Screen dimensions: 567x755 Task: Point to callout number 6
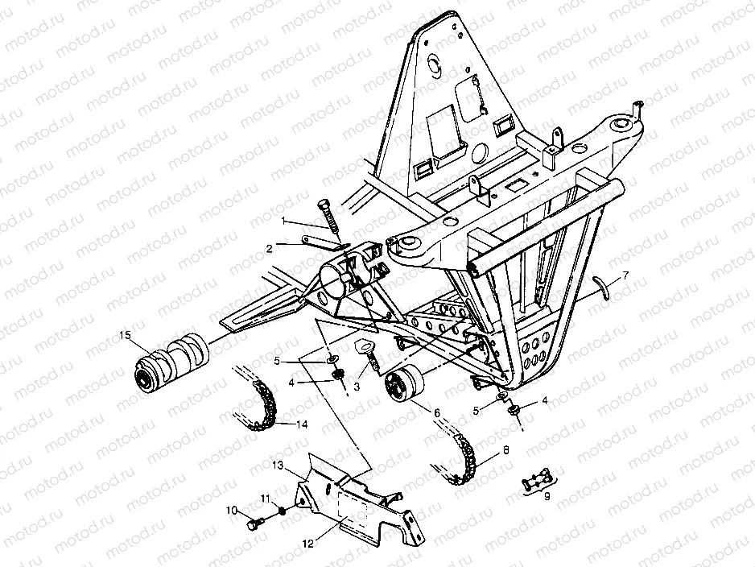point(437,412)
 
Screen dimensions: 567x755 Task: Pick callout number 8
point(505,450)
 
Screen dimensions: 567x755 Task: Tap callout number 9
point(547,497)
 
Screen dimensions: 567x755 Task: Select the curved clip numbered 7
point(598,287)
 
